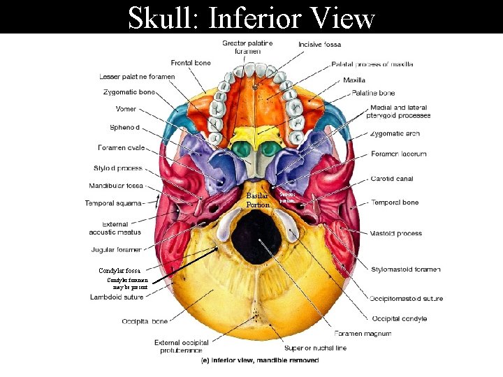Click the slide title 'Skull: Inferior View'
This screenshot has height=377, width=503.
pyautogui.click(x=251, y=17)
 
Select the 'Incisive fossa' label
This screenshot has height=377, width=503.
pyautogui.click(x=320, y=44)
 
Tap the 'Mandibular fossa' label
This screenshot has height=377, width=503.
pyautogui.click(x=116, y=186)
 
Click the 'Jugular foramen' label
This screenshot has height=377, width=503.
pyautogui.click(x=116, y=249)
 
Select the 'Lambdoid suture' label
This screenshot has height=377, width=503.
pyautogui.click(x=117, y=297)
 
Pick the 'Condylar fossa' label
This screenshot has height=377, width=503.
pyautogui.click(x=119, y=271)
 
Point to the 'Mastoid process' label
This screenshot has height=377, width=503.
pyautogui.click(x=395, y=233)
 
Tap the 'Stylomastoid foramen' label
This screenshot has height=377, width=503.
pyautogui.click(x=406, y=269)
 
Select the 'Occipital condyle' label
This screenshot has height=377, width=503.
pyautogui.click(x=399, y=318)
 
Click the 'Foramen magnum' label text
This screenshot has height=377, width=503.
pyautogui.click(x=363, y=333)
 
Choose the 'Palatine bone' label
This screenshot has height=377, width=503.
pyautogui.click(x=373, y=93)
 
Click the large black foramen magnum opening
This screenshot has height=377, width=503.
pyautogui.click(x=256, y=237)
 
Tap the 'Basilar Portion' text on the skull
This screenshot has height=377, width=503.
pyautogui.click(x=258, y=200)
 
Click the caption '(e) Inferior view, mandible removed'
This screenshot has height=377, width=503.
pyautogui.click(x=260, y=361)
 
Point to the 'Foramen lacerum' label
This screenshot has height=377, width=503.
pyautogui.click(x=399, y=154)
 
